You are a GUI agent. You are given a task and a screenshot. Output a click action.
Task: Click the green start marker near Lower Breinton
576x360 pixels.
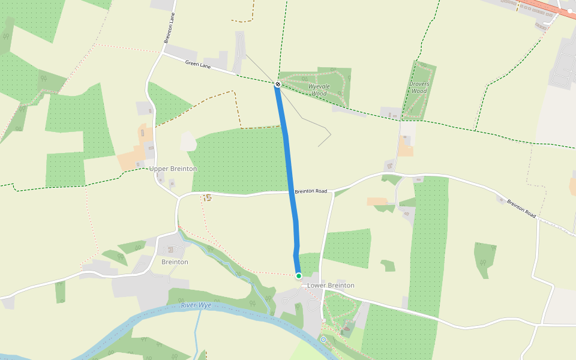click(x=299, y=276)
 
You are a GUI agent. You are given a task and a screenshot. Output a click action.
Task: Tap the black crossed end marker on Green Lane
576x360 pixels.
click(x=278, y=85)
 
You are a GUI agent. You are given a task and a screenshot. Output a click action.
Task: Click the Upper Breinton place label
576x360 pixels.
click(x=173, y=169)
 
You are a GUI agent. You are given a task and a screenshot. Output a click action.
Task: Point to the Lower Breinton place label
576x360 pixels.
click(x=331, y=286)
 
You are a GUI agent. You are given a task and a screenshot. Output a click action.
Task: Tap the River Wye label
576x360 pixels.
click(x=196, y=306)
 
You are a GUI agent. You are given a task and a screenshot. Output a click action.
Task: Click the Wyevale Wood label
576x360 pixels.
click(x=317, y=90)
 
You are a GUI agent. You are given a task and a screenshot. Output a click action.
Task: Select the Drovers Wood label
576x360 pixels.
click(x=419, y=88)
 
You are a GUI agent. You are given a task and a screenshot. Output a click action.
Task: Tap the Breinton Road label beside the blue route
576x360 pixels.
click(x=311, y=191)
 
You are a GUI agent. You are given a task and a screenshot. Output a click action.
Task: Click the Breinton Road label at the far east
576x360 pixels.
click(x=521, y=208)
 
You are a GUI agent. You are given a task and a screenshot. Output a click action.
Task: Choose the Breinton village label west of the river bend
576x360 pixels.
click(x=175, y=262)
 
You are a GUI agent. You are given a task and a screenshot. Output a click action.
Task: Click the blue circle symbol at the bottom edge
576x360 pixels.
click(x=323, y=340)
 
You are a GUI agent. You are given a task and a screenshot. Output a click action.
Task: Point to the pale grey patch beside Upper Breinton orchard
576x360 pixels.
click(x=188, y=142)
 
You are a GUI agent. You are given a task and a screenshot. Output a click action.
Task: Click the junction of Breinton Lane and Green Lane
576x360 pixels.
click(x=163, y=53)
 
